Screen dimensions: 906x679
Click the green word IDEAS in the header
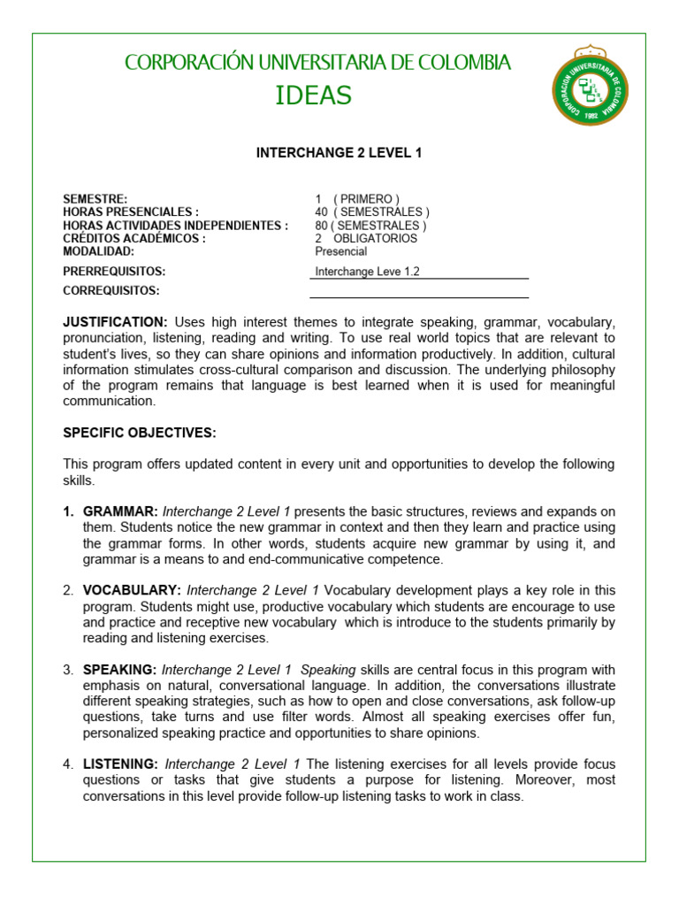[x=313, y=96]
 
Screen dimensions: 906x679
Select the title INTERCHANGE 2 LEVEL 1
[x=339, y=153]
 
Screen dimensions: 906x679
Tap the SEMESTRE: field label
[x=95, y=199]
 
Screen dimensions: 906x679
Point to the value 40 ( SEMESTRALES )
[x=372, y=212]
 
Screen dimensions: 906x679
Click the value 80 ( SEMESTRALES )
[x=370, y=226]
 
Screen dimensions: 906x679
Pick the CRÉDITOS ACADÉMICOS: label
[x=134, y=239]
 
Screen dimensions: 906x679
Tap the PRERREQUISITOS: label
[x=114, y=272]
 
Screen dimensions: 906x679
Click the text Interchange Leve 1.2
[x=367, y=272]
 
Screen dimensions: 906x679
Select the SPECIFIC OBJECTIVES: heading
[x=140, y=433]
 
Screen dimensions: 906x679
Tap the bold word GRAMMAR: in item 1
[x=120, y=512]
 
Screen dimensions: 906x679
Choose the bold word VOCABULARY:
[x=132, y=590]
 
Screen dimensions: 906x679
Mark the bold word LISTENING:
[x=120, y=764]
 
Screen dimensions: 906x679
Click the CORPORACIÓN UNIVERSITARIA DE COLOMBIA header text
[x=317, y=63]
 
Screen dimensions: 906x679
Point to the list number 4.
[x=68, y=764]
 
